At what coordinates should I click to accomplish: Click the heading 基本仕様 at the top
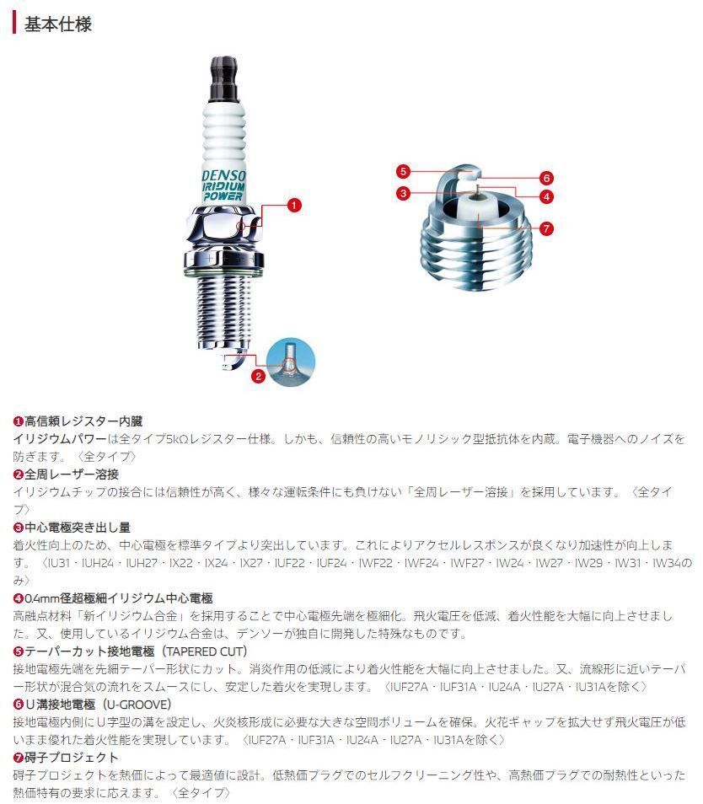58,24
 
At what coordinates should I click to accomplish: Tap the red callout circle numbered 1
294,206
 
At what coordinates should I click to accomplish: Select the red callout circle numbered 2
258,377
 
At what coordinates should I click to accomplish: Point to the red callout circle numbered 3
404,193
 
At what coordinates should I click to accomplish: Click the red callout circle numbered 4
546,196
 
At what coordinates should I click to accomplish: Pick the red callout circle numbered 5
404,171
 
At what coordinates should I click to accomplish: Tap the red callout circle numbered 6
546,178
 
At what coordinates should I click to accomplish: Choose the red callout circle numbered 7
546,228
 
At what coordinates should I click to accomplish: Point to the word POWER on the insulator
223,196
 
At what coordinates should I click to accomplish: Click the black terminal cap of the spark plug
224,78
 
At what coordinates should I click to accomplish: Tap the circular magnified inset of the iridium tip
291,362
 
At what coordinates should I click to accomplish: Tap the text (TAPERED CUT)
204,651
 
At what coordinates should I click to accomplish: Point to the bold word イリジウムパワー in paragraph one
60,439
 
